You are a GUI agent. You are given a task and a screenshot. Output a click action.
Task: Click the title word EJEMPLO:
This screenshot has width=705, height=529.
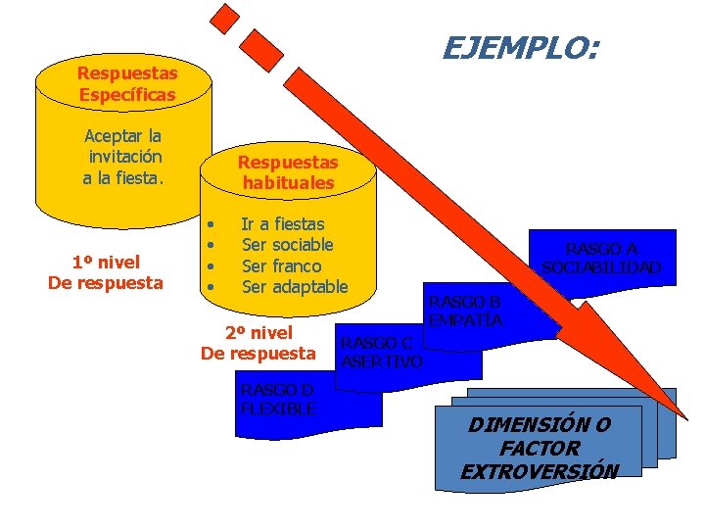pyautogui.click(x=522, y=47)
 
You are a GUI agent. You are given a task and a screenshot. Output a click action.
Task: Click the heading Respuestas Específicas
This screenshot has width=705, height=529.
pyautogui.click(x=127, y=84)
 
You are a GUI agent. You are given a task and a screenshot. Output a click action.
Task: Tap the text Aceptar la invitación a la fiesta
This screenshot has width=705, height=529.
pyautogui.click(x=124, y=157)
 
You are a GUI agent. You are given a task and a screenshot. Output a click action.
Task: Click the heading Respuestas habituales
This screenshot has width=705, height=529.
pyautogui.click(x=288, y=172)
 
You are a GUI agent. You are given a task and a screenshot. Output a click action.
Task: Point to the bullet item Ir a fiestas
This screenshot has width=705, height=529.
pyautogui.click(x=282, y=224)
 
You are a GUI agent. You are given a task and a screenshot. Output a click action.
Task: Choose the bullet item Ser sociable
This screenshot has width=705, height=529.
pyautogui.click(x=287, y=245)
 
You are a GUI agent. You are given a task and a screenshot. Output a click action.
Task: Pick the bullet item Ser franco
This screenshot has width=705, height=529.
pyautogui.click(x=281, y=265)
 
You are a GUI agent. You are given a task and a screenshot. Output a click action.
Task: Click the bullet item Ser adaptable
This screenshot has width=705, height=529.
pyautogui.click(x=294, y=286)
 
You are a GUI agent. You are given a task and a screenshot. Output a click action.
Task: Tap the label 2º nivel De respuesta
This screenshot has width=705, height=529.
pyautogui.click(x=258, y=343)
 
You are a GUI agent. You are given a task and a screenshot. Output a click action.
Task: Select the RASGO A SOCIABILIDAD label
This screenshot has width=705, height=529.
pyautogui.click(x=601, y=258)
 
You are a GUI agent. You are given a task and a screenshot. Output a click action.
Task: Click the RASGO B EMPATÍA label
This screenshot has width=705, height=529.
pyautogui.click(x=466, y=311)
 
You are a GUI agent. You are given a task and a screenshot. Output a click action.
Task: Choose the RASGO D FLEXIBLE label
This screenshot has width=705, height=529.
pyautogui.click(x=278, y=399)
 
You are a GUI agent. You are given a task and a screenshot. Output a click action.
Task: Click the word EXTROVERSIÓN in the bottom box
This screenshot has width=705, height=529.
pyautogui.click(x=540, y=471)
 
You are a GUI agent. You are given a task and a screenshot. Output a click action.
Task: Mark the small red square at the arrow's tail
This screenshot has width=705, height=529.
pyautogui.click(x=226, y=18)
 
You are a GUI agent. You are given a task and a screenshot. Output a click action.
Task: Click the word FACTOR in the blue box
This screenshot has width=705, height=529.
pyautogui.click(x=540, y=449)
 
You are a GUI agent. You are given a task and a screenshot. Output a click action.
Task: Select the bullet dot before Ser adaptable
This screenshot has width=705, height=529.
pyautogui.click(x=211, y=287)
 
